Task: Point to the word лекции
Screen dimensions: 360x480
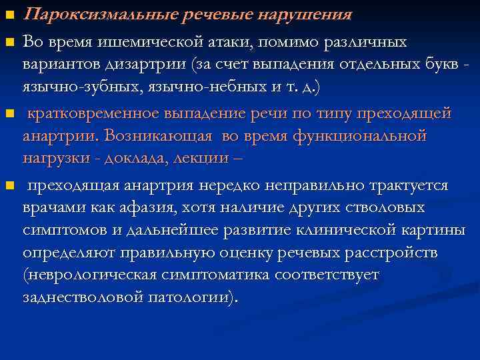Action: pyautogui.click(x=201, y=159)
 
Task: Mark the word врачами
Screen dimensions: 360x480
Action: pyautogui.click(x=53, y=207)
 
